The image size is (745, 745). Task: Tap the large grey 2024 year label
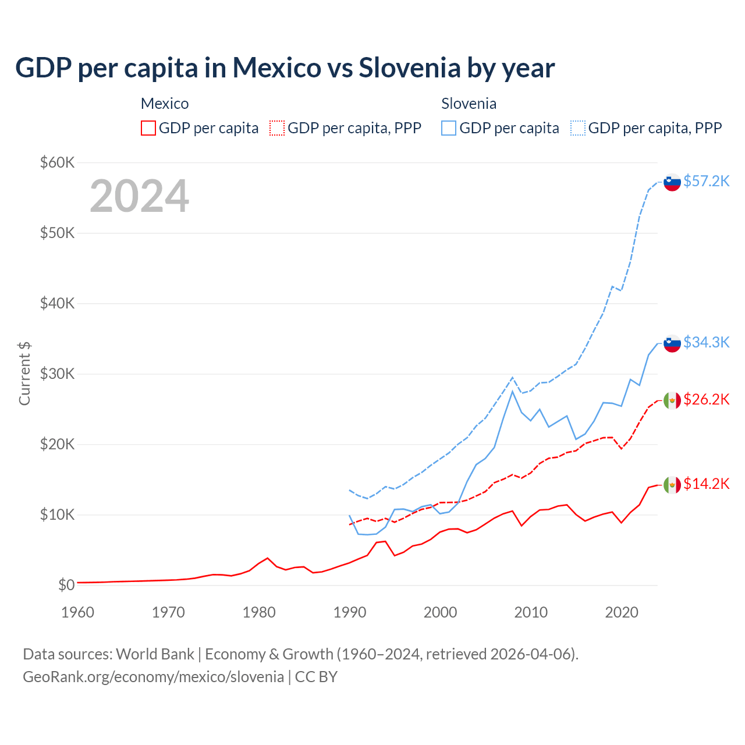(139, 196)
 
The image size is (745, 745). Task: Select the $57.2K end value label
(706, 181)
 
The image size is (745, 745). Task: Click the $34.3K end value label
(706, 342)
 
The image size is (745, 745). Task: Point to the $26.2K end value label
(706, 399)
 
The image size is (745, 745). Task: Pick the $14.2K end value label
(706, 484)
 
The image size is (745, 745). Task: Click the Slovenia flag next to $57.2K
(672, 182)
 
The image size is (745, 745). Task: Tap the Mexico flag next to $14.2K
(672, 484)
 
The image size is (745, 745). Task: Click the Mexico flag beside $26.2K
(672, 400)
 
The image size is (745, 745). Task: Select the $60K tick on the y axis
(57, 162)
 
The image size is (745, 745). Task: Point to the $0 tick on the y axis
(66, 585)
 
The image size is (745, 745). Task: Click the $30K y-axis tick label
(57, 374)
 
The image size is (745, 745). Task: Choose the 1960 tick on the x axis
(77, 612)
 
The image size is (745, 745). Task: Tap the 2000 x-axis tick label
(440, 612)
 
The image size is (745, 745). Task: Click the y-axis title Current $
(24, 374)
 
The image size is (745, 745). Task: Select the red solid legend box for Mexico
(148, 128)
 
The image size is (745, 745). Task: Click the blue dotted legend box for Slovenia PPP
(578, 128)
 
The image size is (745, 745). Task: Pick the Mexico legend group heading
(165, 104)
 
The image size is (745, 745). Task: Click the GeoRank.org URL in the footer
(153, 677)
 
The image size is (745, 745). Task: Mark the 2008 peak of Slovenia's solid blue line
(512, 391)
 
